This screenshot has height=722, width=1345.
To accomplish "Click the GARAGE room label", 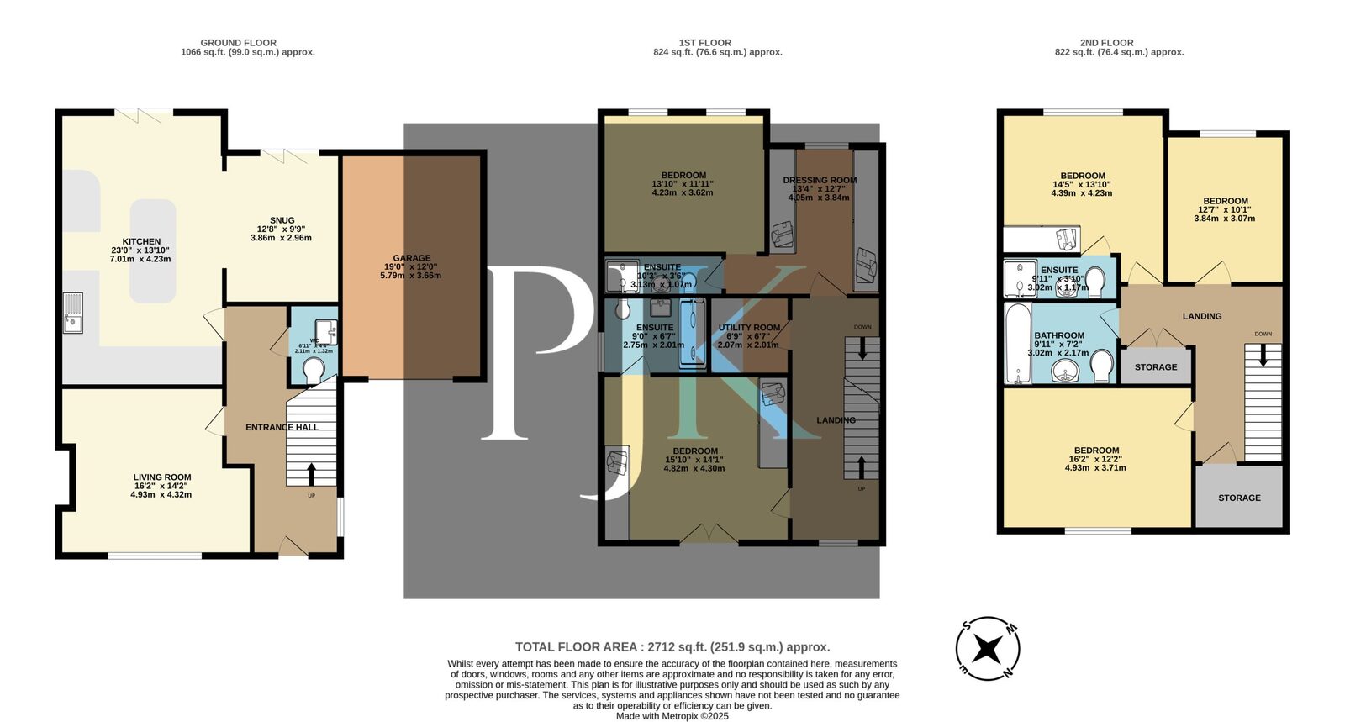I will point(411,258).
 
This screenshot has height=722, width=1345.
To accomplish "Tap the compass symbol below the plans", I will point(989,649).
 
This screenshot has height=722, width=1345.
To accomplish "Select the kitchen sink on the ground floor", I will point(74,313).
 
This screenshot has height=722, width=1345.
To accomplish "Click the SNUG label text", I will point(282,220).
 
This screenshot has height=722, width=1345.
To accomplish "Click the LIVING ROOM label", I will point(161,477).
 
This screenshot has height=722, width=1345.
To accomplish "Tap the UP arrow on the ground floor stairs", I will point(311,473).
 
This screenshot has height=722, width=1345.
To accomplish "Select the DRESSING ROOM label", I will point(820,180).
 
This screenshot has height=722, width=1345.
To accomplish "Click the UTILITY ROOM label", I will point(749,328).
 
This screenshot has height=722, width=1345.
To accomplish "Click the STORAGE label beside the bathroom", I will point(1156,367).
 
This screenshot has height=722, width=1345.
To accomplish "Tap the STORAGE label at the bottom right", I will point(1239,498).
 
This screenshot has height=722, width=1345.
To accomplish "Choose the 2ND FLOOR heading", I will point(1106,43).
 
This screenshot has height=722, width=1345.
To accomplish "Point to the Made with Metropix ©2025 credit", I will point(672,716).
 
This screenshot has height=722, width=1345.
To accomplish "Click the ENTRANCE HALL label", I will point(282,427).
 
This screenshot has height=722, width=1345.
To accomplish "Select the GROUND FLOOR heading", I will point(238,43).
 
